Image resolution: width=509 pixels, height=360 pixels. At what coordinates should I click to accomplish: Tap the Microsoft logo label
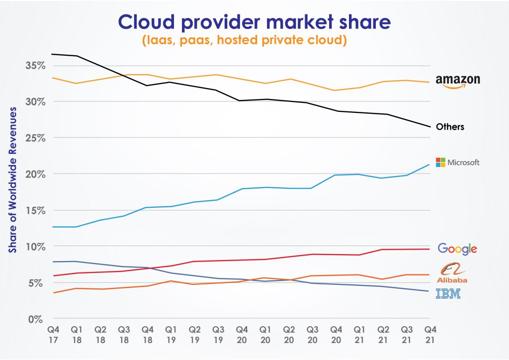point(458,162)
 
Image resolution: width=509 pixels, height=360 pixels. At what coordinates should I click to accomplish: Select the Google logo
point(457,249)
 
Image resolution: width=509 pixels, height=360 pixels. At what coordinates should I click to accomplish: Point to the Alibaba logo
point(452,273)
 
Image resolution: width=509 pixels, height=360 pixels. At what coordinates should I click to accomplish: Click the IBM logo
point(448,294)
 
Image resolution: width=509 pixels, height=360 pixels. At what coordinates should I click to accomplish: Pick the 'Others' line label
point(450,127)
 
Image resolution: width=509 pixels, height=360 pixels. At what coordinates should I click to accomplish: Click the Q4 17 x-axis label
point(53,335)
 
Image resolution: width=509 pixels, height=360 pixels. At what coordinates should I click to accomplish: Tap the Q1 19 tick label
point(170,335)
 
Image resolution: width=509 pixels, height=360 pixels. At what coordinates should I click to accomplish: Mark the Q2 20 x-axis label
point(288,335)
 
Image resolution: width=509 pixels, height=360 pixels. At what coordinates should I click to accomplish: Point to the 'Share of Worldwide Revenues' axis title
point(13,180)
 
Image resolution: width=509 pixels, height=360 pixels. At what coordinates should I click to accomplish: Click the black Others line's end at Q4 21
point(429,126)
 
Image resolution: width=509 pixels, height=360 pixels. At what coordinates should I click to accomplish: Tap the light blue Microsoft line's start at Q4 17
point(52,227)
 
